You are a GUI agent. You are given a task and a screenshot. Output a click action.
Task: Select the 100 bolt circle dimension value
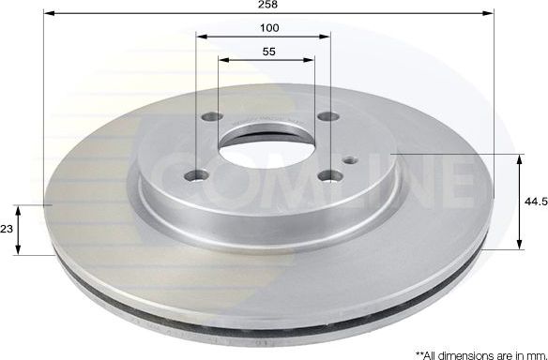pyautogui.click(x=267, y=28)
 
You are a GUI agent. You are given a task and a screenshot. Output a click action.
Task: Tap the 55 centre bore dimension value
pyautogui.click(x=267, y=52)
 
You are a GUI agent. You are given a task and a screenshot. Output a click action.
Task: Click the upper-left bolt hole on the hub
pyautogui.click(x=207, y=118)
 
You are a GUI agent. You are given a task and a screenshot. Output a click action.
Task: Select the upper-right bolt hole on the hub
pyautogui.click(x=326, y=117)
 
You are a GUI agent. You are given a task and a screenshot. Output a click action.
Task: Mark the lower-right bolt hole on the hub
pyautogui.click(x=325, y=174)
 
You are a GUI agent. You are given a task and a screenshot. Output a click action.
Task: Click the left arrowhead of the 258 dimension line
pyautogui.click(x=48, y=15)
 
